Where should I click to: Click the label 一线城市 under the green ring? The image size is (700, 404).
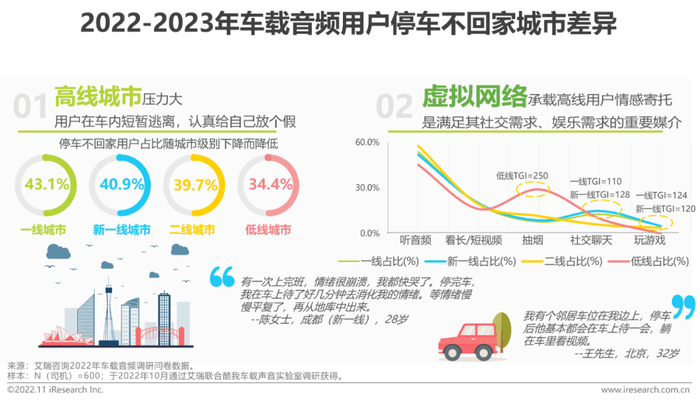43,230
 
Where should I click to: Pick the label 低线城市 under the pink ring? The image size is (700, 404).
268,230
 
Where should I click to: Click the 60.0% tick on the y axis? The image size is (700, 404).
367,142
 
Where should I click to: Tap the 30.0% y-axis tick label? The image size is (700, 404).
367,188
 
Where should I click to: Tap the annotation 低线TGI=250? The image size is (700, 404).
522,175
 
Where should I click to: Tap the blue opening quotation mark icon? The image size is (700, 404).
222,277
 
